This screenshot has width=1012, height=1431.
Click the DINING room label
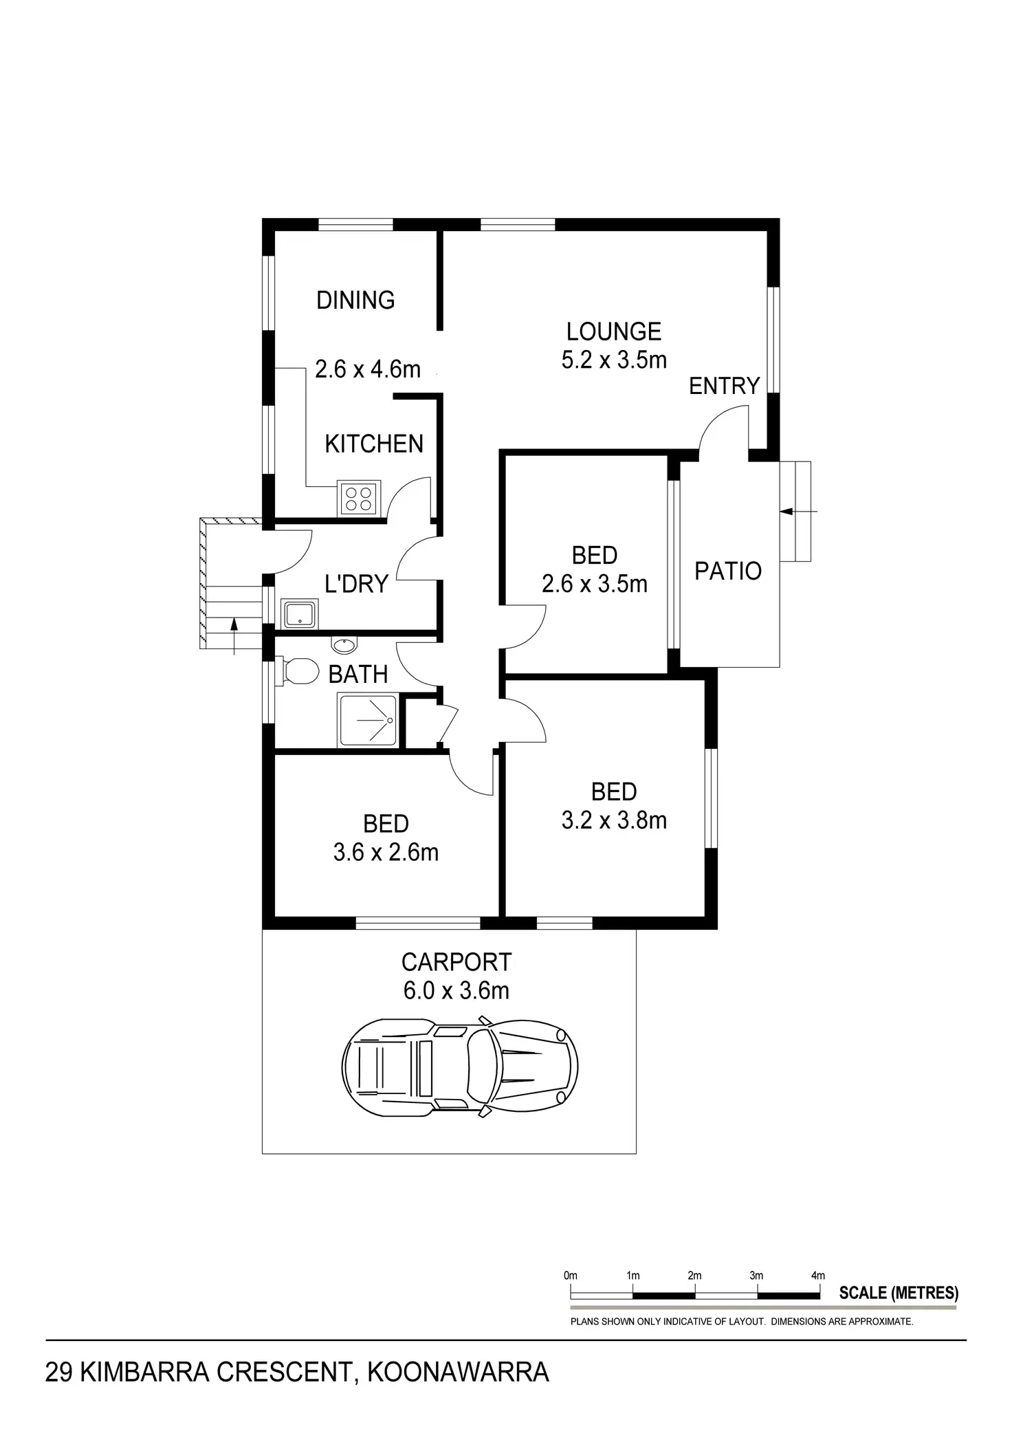(355, 301)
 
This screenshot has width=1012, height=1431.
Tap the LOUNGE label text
(613, 332)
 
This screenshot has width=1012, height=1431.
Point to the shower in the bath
(368, 720)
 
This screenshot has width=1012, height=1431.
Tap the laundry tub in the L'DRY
(300, 613)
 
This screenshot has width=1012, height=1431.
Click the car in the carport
(460, 1067)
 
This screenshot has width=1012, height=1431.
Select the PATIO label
(728, 571)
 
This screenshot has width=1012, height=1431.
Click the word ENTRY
(724, 386)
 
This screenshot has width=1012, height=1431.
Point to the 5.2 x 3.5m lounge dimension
(614, 360)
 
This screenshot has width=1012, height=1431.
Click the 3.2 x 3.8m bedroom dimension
(614, 820)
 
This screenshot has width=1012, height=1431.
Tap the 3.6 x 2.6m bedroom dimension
(386, 853)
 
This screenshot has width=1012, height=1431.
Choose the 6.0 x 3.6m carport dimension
(456, 991)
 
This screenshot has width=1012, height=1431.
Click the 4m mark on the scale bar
(818, 1276)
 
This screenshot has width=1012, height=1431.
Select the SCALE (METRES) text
(899, 1293)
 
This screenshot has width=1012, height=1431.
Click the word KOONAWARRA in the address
(458, 1372)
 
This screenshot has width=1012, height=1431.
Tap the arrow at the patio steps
(797, 512)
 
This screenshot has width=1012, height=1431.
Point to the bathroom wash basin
(344, 645)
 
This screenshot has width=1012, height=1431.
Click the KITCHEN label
(374, 444)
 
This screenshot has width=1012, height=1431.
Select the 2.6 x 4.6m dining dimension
(368, 370)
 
